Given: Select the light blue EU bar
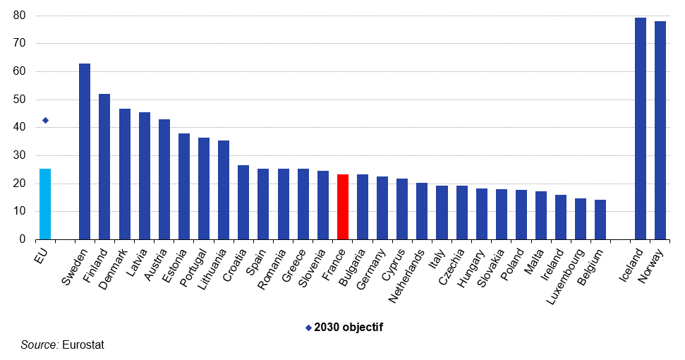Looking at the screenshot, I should [45, 204].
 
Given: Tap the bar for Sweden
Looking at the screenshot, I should [85, 152].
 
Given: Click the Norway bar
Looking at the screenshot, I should [660, 131].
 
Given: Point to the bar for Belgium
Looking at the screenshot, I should [600, 220].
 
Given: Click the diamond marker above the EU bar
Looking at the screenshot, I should [45, 120].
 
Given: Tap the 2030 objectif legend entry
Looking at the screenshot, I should [344, 328].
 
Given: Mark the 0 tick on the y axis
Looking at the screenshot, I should [23, 240].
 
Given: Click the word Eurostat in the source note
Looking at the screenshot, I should [83, 345].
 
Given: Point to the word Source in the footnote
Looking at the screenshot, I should [40, 345].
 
